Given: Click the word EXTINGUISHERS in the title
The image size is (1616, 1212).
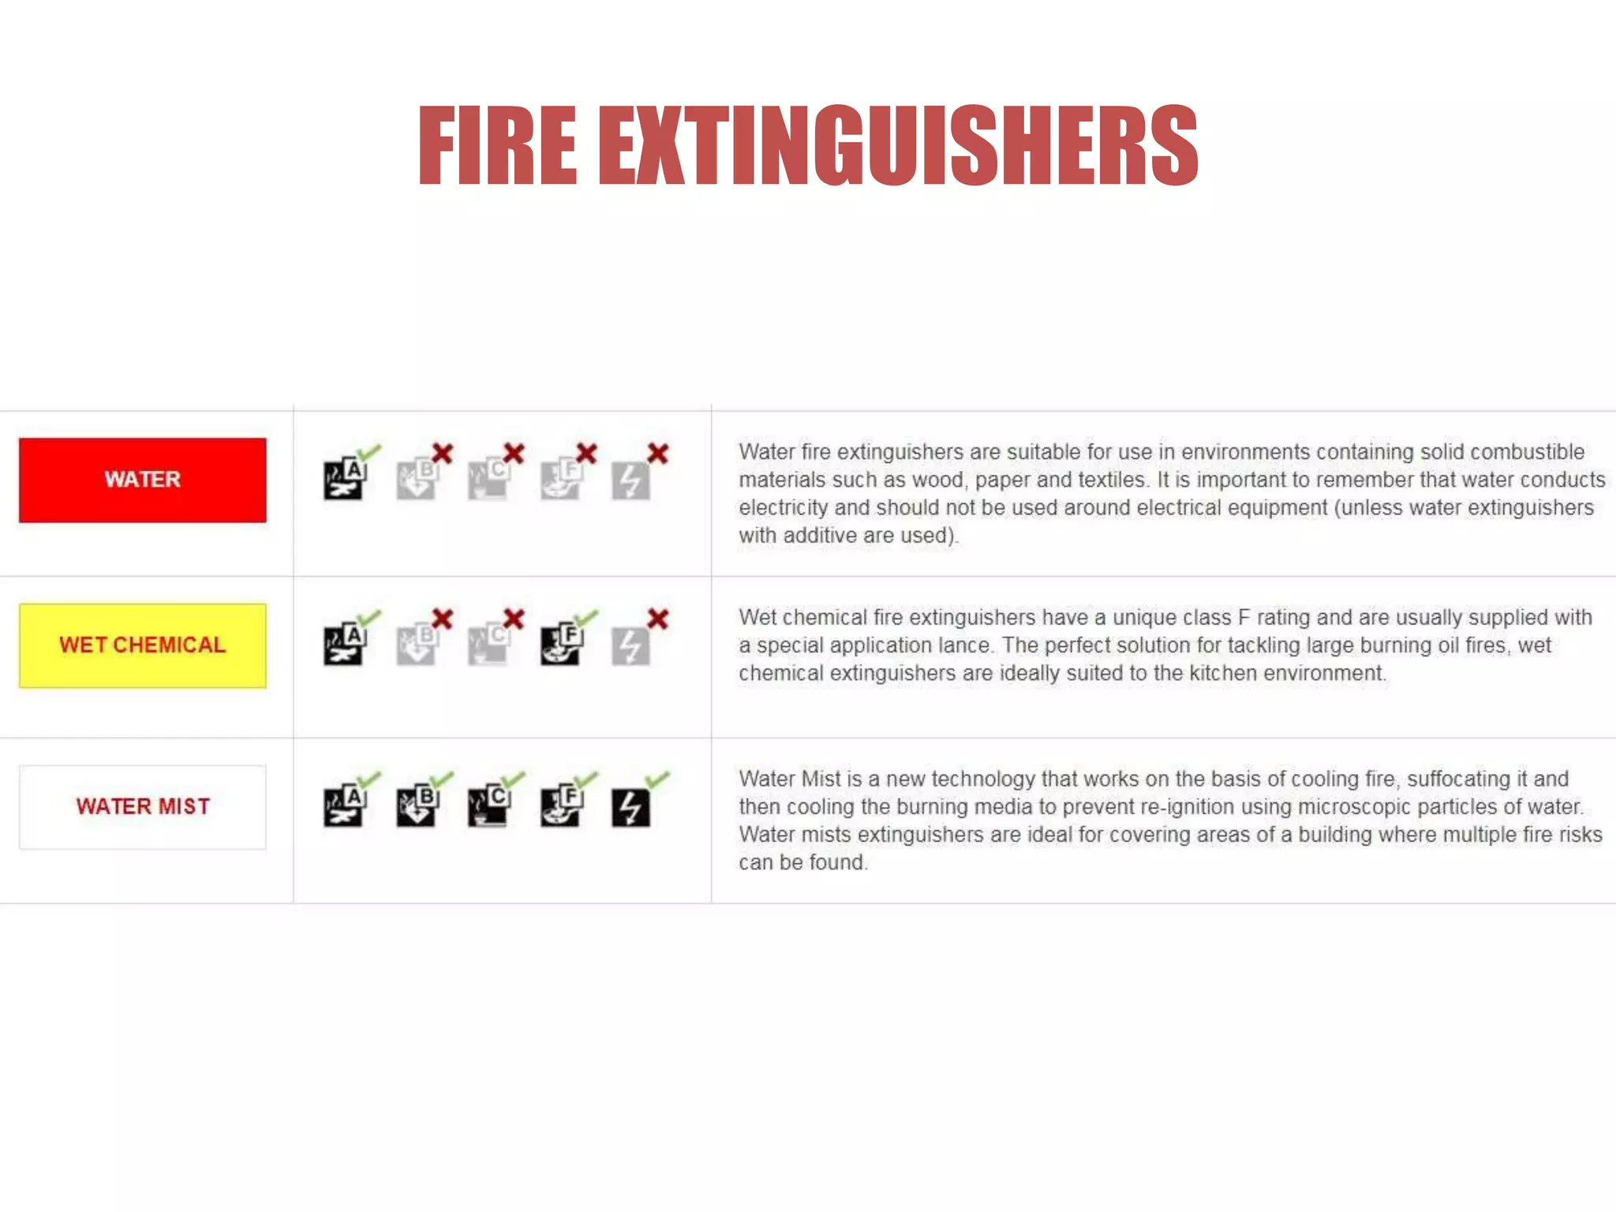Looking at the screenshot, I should pyautogui.click(x=898, y=146).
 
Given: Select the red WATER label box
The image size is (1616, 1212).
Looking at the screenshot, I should pyautogui.click(x=143, y=480).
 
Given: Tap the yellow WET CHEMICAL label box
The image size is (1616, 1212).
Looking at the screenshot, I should pyautogui.click(x=143, y=645).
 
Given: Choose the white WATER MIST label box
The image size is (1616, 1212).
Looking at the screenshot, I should pyautogui.click(x=143, y=806).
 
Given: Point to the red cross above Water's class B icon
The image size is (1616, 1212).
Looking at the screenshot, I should pyautogui.click(x=443, y=454).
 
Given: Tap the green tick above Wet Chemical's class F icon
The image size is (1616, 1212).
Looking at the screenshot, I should pyautogui.click(x=586, y=617).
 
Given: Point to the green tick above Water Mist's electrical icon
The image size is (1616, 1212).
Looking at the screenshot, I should pyautogui.click(x=657, y=780).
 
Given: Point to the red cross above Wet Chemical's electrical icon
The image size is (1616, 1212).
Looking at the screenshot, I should pyautogui.click(x=658, y=619).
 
